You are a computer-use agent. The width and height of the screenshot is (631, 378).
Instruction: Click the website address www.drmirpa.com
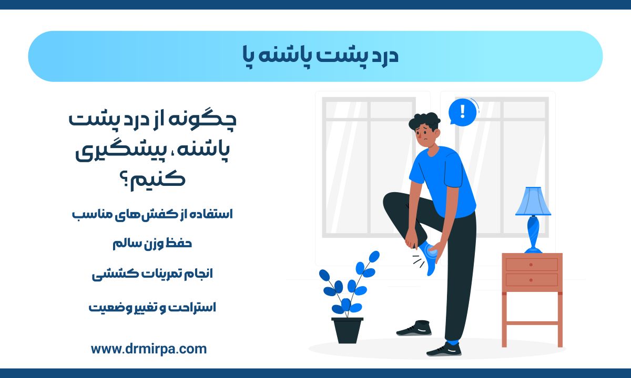(x=149, y=349)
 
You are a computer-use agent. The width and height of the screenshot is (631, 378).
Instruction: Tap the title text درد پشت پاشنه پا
(x=321, y=56)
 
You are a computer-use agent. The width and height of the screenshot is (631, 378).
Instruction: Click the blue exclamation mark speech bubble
(x=462, y=112)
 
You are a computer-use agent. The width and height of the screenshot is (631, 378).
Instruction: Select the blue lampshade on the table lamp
(x=533, y=202)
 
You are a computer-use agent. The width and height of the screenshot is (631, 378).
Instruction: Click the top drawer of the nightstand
(x=532, y=265)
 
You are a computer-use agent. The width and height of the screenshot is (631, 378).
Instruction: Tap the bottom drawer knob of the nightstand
(x=531, y=280)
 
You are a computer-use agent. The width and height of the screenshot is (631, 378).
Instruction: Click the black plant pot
(x=348, y=330)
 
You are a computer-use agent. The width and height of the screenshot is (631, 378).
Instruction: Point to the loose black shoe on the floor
(x=414, y=328)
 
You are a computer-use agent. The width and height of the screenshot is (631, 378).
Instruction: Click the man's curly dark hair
(x=424, y=121)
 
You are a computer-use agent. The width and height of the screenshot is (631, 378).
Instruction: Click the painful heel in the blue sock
(x=431, y=253)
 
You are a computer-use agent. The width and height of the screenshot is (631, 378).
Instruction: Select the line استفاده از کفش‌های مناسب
(x=152, y=214)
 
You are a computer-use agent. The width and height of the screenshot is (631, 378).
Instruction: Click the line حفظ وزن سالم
(x=152, y=244)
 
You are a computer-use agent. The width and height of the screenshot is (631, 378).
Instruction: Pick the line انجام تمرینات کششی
(x=152, y=274)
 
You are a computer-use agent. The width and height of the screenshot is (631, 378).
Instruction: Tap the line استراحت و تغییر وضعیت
(x=152, y=308)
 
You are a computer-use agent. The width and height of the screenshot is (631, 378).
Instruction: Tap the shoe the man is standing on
(x=444, y=349)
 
